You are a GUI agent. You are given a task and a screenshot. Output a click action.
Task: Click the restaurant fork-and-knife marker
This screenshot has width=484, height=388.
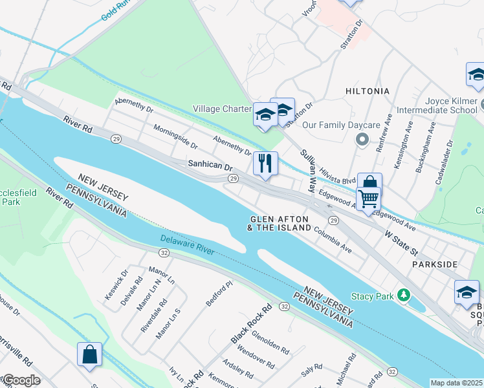pyautogui.click(x=265, y=162)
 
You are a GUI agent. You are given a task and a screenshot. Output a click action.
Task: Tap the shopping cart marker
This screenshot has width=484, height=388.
pyautogui.click(x=368, y=199)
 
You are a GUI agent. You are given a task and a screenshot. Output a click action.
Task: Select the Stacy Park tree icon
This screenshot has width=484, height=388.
pyautogui.click(x=404, y=296)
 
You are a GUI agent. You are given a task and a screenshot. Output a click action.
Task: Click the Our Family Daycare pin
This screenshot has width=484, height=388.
pyautogui.click(x=362, y=139)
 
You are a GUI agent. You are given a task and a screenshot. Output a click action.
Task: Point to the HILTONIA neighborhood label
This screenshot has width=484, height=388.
pyautogui.click(x=368, y=91)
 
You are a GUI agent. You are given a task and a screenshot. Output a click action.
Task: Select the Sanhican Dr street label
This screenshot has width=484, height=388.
pyautogui.click(x=210, y=166)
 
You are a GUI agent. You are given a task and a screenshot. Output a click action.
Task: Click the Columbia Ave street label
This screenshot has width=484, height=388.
pyautogui.click(x=333, y=239)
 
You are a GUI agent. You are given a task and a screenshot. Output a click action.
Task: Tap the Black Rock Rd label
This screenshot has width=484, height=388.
pyautogui.click(x=251, y=325)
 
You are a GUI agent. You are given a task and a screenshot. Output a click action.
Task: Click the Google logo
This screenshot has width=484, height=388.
pyautogui.click(x=21, y=380)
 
